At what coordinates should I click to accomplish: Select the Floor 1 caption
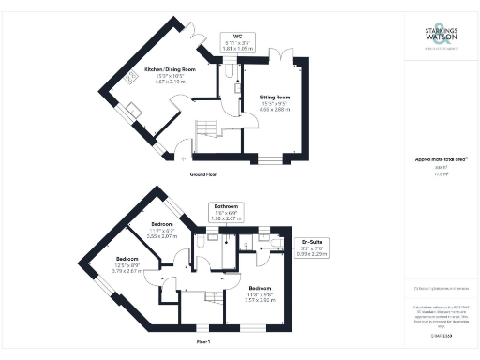point(203,343)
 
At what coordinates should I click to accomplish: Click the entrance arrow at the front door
point(182,157)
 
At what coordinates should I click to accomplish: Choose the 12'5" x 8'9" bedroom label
point(127,263)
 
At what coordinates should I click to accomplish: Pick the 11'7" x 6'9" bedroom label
point(164,231)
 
